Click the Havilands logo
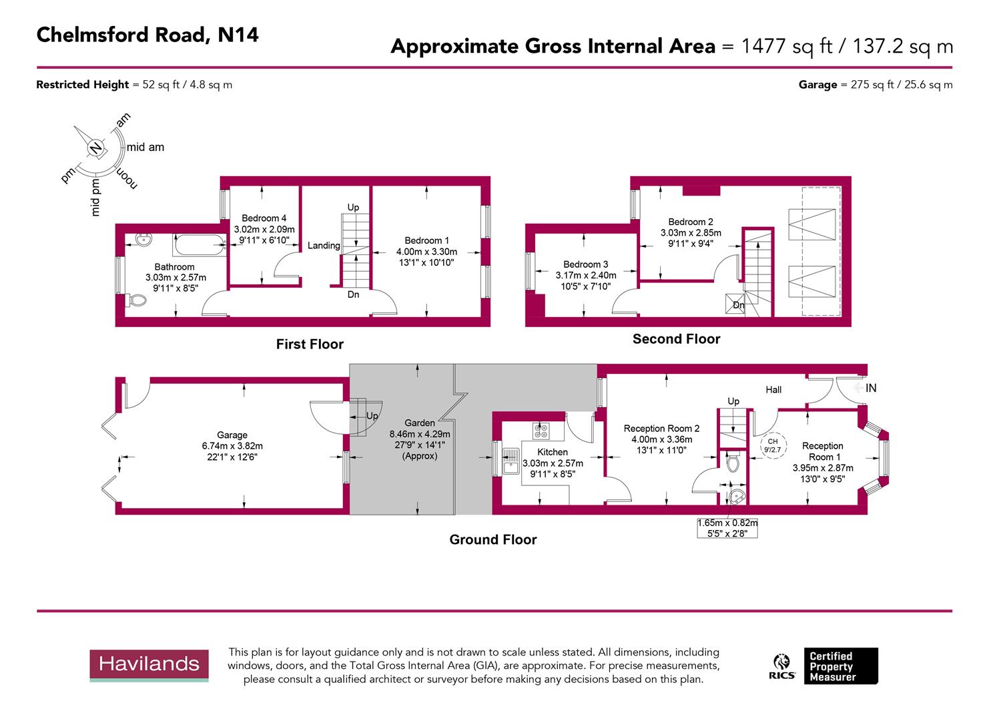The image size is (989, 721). coord(149,664)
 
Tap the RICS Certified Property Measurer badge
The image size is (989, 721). coord(825,666)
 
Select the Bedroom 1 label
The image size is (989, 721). coord(426,240)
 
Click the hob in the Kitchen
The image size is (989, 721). coord(540,431)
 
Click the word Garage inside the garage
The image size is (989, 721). coord(232,435)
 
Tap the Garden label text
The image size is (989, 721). coord(420,423)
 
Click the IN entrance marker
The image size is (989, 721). coord(870,388)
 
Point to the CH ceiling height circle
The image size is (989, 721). coord(773,445)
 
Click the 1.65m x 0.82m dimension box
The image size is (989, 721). coord(727,528)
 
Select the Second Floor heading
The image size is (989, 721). coord(676,339)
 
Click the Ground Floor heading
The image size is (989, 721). coord(492,539)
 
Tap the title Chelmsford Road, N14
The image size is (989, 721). coord(147,35)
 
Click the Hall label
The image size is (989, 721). coord(773,389)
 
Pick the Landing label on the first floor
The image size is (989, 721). coord(324,246)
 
